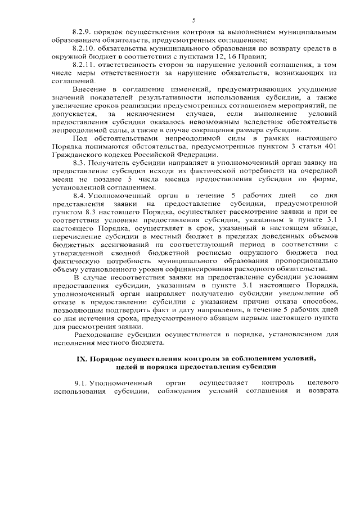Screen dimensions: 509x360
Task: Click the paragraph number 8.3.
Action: click(x=79, y=162)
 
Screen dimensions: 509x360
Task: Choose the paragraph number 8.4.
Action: click(x=79, y=194)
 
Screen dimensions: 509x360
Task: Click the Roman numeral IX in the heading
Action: click(x=81, y=359)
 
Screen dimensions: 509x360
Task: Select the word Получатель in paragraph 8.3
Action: click(x=111, y=162)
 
